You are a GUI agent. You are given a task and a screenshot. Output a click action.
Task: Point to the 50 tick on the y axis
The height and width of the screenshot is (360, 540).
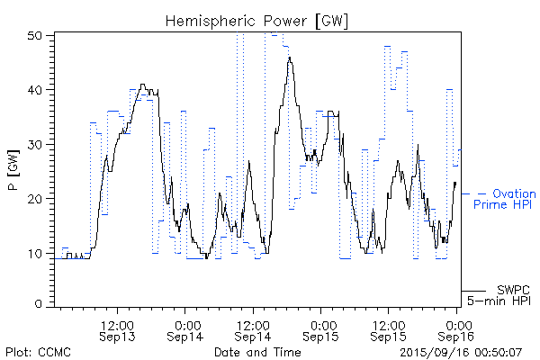36,36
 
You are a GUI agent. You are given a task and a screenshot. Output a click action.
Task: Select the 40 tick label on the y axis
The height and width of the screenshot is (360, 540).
36,90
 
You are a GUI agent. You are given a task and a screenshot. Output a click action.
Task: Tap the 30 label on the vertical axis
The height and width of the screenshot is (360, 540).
36,144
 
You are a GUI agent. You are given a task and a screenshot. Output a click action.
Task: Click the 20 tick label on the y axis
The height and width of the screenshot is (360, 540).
36,198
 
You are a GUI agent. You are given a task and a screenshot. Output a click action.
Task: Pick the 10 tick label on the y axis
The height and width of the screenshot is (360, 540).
36,252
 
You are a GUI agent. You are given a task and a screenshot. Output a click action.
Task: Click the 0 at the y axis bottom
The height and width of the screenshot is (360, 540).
40,305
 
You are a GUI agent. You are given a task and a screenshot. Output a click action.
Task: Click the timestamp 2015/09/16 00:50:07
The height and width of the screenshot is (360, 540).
460,351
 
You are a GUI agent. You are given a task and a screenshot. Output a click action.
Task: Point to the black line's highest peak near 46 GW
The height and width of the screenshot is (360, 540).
289,58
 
